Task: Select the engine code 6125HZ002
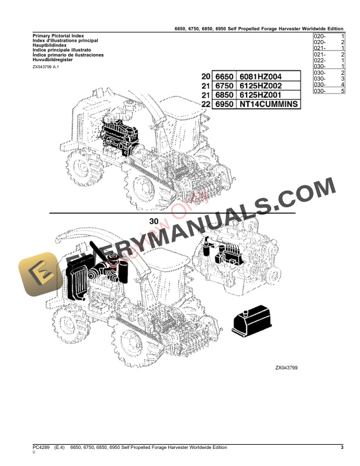click(x=262, y=86)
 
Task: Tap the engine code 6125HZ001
click(x=262, y=95)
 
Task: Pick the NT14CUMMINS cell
click(x=267, y=104)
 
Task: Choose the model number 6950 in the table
click(x=225, y=104)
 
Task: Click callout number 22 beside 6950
click(x=205, y=104)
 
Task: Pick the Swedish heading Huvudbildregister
click(x=54, y=59)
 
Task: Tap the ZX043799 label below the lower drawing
click(x=286, y=368)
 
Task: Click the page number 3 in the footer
click(x=342, y=448)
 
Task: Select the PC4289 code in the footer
click(x=41, y=448)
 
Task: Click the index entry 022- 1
click(x=329, y=60)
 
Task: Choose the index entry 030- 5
click(x=329, y=91)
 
